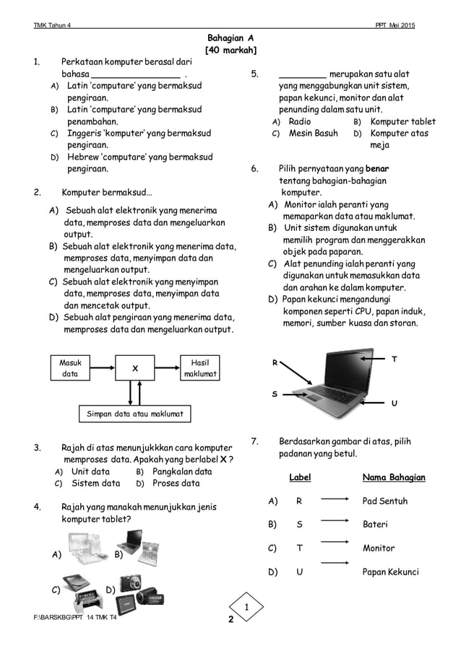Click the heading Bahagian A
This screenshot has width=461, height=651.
coord(230,37)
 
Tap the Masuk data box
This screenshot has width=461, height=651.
coord(70,368)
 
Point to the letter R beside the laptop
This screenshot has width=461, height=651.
coord(275,363)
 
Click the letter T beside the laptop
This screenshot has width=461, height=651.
coord(394,359)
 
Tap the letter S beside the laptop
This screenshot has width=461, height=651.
coord(275,394)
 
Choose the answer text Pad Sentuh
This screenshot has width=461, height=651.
coord(384,501)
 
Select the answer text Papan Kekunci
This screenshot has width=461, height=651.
coord(390,572)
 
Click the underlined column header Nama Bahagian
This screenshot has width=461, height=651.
coord(393,478)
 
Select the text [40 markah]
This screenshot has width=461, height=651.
coord(230,50)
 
